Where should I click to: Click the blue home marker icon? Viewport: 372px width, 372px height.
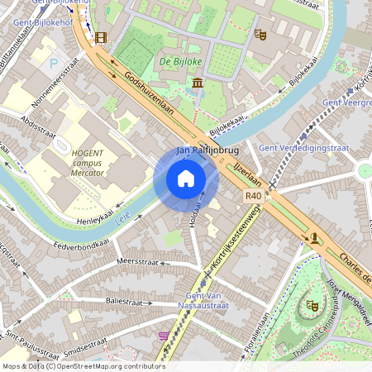[186, 179]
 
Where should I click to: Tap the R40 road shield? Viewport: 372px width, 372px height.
[253, 196]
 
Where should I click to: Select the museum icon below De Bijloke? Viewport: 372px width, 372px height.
[198, 83]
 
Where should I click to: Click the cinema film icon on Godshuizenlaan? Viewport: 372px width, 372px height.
[101, 37]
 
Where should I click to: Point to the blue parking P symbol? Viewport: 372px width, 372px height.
[54, 63]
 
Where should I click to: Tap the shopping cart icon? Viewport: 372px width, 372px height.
[164, 336]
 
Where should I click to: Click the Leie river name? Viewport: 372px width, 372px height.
[124, 218]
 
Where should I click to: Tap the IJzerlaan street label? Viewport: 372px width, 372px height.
[247, 175]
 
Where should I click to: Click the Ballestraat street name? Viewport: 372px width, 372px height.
[125, 302]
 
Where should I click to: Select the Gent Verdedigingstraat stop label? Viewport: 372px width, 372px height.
[304, 148]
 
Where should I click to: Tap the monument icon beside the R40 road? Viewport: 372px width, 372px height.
[315, 238]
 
